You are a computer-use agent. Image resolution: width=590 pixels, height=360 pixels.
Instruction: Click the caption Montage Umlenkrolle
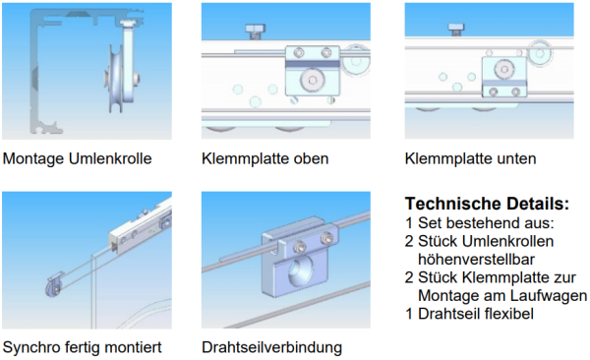point(77,158)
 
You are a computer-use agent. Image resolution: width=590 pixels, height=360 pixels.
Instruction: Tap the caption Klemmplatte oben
point(265,158)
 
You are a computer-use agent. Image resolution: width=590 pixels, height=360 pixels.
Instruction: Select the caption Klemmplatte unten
point(470,158)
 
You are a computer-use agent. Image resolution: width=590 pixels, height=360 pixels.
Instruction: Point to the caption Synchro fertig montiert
point(82,347)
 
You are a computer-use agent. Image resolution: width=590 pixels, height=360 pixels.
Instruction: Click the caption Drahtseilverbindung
point(271,347)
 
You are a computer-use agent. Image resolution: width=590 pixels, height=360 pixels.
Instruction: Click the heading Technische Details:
point(488,204)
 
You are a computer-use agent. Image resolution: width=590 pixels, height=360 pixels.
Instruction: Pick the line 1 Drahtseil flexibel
point(469,314)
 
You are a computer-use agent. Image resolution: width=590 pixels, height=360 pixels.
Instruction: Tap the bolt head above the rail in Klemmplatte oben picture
point(256,30)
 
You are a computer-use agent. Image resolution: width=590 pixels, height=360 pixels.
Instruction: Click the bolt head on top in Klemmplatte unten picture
point(456,29)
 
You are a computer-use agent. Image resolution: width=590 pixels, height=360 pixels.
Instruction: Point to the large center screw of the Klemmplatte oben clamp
point(312,80)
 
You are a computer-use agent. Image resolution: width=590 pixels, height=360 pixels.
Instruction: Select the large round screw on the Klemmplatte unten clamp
point(503,70)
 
